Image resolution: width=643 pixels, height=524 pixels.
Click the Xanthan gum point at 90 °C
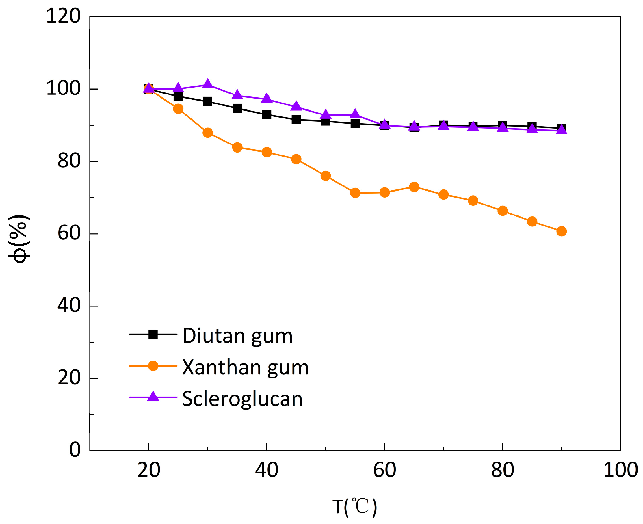point(561,231)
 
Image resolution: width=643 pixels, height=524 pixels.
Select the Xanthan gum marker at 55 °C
point(355,193)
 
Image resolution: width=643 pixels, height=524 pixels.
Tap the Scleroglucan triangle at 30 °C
point(207,84)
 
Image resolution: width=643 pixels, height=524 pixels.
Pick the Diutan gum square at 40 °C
point(267,114)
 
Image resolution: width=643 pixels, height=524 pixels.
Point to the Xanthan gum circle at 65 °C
point(414,187)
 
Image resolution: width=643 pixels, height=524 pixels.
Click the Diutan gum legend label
point(237,336)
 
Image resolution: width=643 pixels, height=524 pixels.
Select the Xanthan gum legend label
point(246,367)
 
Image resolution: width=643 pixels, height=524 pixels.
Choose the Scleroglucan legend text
point(242,399)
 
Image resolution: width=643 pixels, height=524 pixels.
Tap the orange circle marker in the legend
point(153,366)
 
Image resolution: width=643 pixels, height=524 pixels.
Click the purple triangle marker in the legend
point(153,396)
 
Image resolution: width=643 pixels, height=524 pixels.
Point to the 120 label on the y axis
point(63,16)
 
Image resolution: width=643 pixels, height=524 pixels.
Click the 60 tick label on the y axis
point(69,233)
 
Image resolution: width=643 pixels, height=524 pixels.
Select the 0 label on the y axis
point(75,450)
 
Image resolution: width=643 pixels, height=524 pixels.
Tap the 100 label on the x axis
point(620,470)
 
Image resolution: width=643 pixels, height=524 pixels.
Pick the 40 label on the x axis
point(267,470)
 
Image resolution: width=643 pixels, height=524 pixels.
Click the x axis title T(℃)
point(355,506)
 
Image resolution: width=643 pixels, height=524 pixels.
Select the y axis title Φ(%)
point(19,238)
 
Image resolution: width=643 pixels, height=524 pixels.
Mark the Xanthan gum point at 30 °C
point(208,133)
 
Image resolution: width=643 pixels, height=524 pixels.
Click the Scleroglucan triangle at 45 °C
point(296,106)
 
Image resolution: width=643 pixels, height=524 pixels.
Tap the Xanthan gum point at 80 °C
point(502,211)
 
